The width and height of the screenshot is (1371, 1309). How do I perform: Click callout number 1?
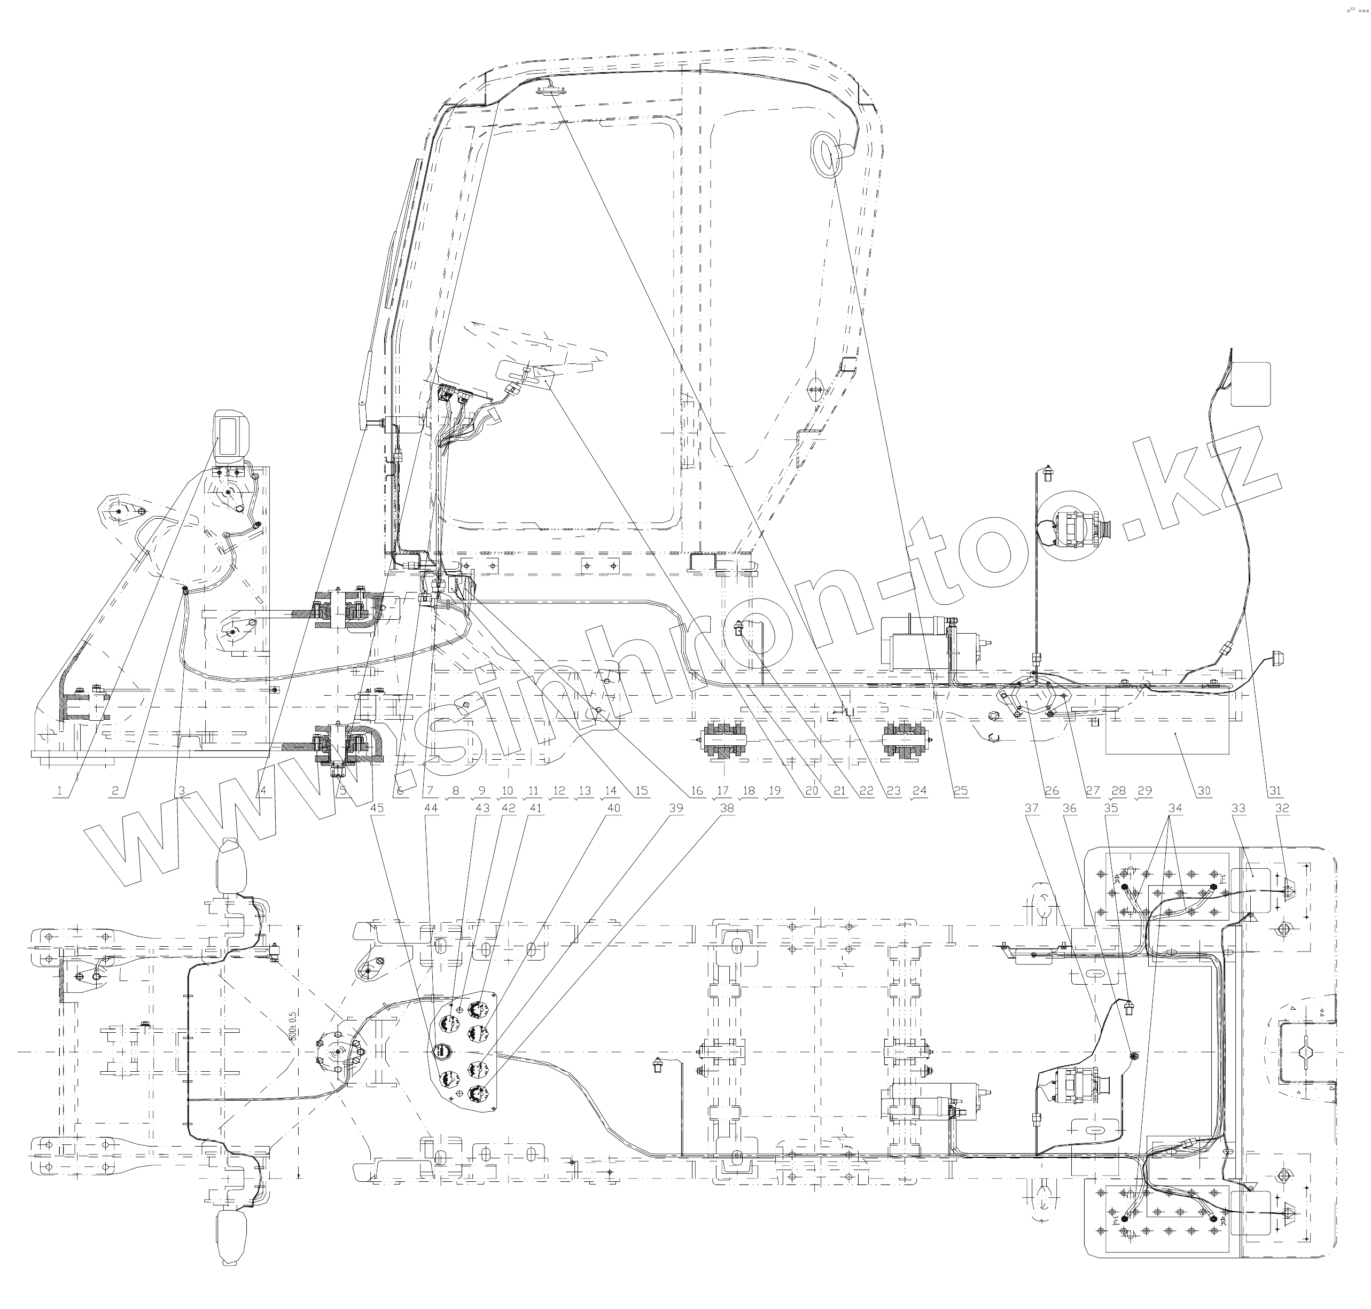tap(60, 791)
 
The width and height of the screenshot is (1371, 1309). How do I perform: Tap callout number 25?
tap(961, 791)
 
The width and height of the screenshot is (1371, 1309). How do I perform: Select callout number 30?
tap(1204, 791)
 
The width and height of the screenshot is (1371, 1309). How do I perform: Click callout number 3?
tap(183, 791)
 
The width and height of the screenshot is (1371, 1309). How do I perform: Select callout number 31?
tap(1275, 791)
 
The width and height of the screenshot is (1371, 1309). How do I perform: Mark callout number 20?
tap(811, 791)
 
